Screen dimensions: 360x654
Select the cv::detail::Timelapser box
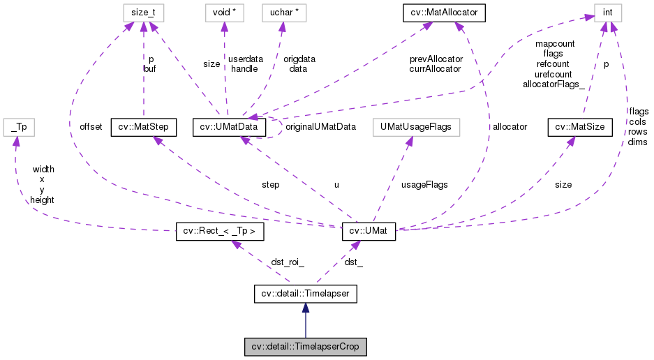[304, 294]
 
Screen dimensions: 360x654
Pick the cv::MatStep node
[143, 127]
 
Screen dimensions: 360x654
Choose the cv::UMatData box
[229, 127]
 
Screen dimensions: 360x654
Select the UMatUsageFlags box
[413, 127]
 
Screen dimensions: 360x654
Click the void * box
[223, 12]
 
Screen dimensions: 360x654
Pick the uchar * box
[283, 12]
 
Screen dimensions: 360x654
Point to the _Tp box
[19, 127]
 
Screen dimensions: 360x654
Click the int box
[607, 12]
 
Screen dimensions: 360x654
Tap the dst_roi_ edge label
[288, 262]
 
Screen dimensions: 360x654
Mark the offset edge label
[91, 127]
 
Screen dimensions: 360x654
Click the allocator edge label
[510, 127]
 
